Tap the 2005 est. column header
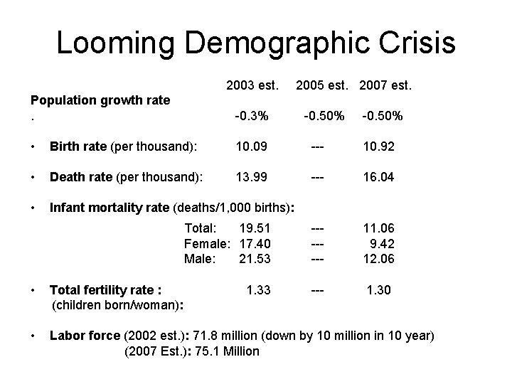point(324,86)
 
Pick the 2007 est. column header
point(386,86)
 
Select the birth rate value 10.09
point(253,148)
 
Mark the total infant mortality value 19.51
point(255,229)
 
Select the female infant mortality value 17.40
point(255,244)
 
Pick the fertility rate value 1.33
point(257,289)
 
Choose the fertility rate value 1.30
point(379,289)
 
